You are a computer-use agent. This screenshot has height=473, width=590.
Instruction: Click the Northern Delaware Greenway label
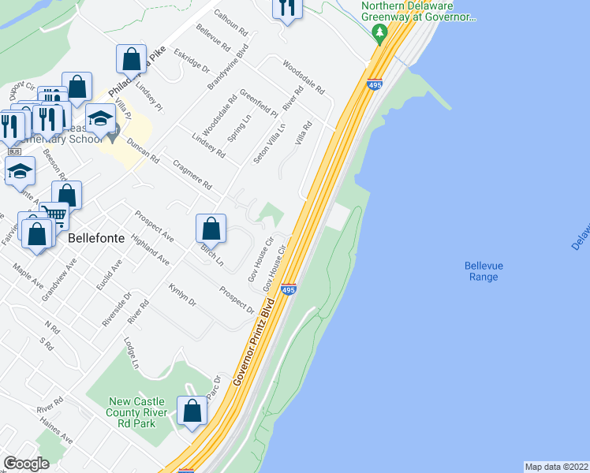418,11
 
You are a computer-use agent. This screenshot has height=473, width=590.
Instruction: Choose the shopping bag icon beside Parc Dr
192,410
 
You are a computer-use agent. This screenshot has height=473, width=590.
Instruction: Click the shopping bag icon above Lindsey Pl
131,58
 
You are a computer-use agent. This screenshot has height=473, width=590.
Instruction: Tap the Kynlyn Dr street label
182,296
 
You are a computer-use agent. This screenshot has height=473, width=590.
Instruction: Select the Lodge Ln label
132,353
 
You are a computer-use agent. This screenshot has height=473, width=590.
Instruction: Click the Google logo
26,463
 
